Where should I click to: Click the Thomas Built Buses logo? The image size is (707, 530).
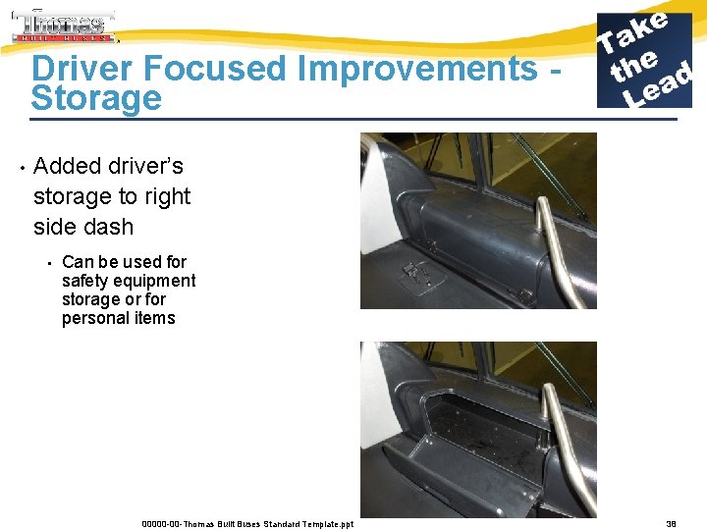64,26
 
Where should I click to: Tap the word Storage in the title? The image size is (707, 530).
96,98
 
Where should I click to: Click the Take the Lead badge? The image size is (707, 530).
645,60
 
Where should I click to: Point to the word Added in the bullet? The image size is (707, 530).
73,166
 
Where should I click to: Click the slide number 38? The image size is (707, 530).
671,524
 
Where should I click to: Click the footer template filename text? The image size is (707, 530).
247,524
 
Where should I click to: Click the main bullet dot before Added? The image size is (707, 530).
21,166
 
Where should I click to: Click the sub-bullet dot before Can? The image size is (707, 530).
48,262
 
